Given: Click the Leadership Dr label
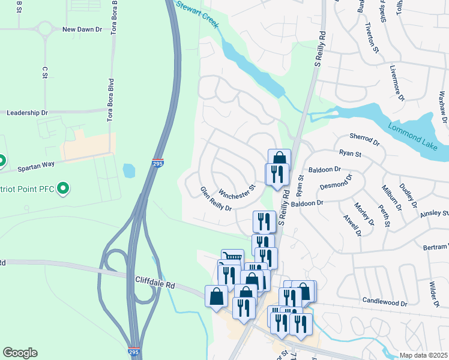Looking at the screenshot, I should coord(27,113).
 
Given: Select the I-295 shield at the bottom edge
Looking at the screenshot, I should coord(135,352).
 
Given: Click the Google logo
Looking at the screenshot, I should coord(20,353).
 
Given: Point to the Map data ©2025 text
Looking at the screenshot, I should coord(423,355).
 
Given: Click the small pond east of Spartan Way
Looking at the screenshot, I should coord(128,171).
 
